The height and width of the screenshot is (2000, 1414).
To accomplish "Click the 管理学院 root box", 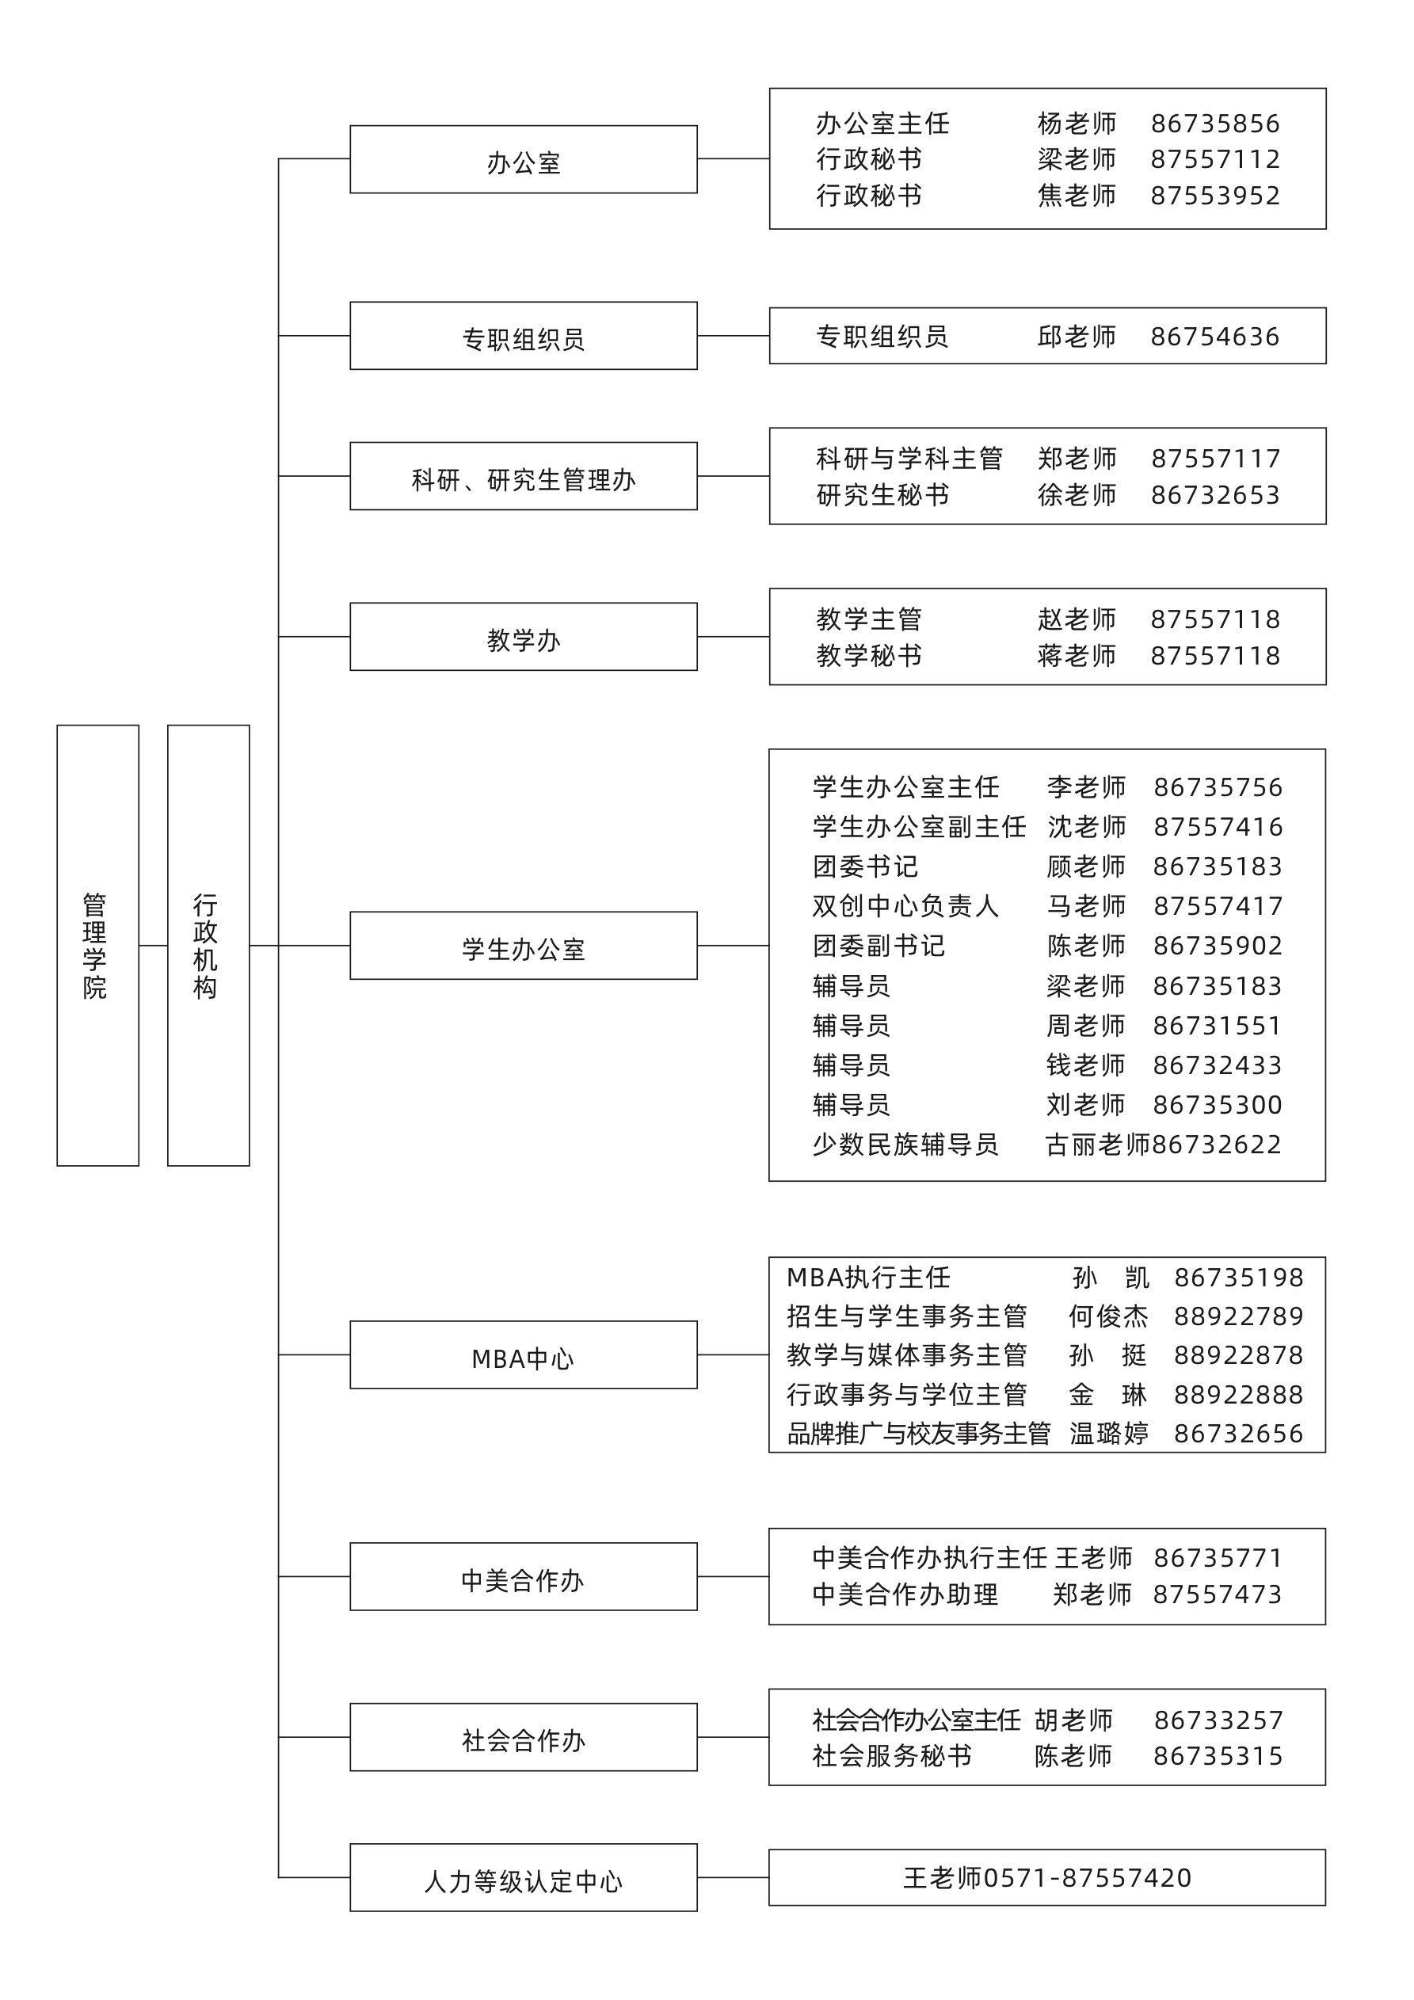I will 97,945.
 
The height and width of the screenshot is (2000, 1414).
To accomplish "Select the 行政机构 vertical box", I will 208,945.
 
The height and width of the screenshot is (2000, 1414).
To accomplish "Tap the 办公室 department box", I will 523,159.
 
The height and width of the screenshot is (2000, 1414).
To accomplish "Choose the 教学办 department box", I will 523,637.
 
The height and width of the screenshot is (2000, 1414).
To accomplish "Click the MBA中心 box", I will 523,1354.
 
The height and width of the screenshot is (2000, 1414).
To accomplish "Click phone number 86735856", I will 1214,124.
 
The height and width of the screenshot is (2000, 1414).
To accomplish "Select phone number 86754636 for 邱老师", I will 1214,336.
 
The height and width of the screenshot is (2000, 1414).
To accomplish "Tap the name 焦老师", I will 1077,195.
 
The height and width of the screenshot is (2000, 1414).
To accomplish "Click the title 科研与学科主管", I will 909,458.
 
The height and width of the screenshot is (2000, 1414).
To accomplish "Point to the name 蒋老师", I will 1077,655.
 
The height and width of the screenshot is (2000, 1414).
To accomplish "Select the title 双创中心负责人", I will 905,906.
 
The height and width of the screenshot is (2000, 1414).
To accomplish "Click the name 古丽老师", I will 1098,1145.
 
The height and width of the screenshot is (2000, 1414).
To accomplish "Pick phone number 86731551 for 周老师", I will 1217,1025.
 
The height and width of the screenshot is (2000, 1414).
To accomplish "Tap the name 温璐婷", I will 1108,1433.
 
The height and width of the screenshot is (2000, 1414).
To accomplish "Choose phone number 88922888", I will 1238,1395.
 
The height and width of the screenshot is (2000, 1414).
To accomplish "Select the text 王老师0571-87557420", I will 1046,1877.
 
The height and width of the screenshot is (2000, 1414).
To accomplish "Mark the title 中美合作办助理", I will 905,1594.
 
